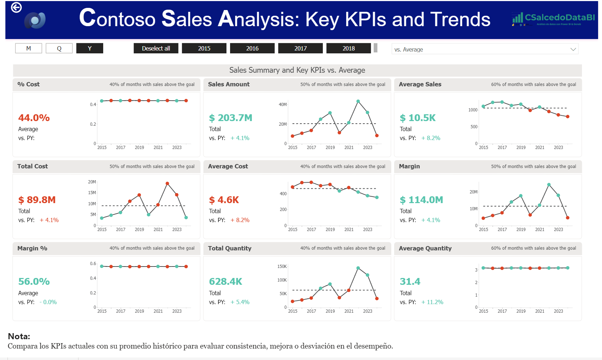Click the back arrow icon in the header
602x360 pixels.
click(16, 8)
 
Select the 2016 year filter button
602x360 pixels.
click(252, 48)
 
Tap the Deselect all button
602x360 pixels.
click(156, 48)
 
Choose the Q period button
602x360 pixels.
click(59, 48)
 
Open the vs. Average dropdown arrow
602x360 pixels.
click(573, 49)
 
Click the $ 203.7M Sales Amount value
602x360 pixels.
click(231, 118)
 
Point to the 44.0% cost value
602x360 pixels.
click(34, 118)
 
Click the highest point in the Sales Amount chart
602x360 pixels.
click(358, 101)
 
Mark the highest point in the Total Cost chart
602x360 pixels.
click(167, 183)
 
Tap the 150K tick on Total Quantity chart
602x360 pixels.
click(282, 267)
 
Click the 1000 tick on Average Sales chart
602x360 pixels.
click(473, 110)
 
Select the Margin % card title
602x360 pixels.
click(32, 248)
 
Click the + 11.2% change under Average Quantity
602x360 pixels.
click(433, 302)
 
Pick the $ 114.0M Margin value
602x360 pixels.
click(421, 200)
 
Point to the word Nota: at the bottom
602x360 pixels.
click(19, 336)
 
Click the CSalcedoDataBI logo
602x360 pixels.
click(554, 18)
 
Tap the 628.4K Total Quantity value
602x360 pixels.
click(226, 282)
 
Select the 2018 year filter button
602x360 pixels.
click(348, 48)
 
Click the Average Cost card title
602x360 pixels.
click(228, 166)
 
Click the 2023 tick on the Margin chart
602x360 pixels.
click(558, 229)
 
